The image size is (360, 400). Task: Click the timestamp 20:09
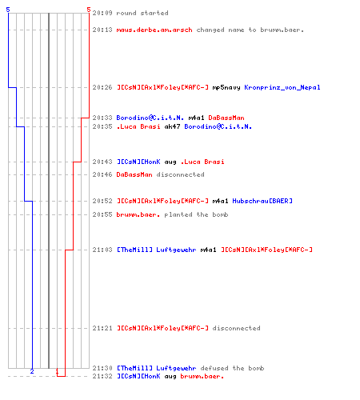click(x=102, y=13)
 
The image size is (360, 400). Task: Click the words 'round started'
click(x=142, y=13)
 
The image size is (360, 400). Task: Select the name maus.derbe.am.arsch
click(x=154, y=30)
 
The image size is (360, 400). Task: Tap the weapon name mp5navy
click(x=226, y=87)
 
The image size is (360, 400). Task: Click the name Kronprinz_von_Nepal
click(x=282, y=87)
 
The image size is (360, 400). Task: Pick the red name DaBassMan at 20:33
click(x=226, y=118)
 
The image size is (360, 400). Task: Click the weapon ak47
click(x=173, y=126)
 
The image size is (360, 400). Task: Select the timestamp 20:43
click(x=102, y=162)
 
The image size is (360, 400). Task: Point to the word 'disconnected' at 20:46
click(x=181, y=174)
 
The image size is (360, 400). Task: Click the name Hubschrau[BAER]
click(x=262, y=201)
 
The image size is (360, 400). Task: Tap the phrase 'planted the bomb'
click(x=196, y=214)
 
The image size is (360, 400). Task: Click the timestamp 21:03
click(x=102, y=250)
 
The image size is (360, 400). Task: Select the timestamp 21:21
click(x=102, y=328)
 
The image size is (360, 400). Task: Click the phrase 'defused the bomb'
click(x=232, y=368)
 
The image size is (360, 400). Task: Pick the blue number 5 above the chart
click(x=8, y=10)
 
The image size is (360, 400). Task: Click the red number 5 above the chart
click(x=89, y=10)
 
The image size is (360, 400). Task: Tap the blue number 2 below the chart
click(x=32, y=371)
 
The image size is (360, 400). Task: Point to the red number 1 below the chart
click(x=57, y=371)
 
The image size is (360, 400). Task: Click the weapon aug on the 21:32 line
click(x=170, y=377)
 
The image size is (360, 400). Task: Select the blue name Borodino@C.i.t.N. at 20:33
click(x=150, y=118)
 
